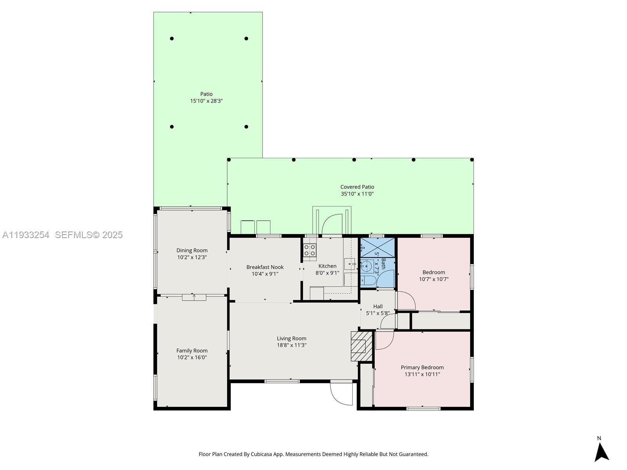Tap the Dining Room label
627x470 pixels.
click(x=192, y=250)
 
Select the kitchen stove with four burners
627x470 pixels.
click(x=310, y=250)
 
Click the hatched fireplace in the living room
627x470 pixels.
click(x=361, y=346)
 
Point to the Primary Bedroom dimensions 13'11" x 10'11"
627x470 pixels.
click(x=422, y=374)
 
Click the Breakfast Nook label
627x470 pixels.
click(x=265, y=267)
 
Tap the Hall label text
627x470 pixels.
click(x=378, y=306)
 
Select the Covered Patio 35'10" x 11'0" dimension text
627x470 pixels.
click(x=357, y=194)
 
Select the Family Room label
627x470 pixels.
click(x=192, y=351)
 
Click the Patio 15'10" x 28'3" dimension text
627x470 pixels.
click(x=207, y=101)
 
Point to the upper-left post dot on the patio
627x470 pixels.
click(x=172, y=38)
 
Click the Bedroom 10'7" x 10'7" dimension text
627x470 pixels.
click(x=434, y=279)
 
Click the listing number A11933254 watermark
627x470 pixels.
click(x=26, y=235)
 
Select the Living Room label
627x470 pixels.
click(x=292, y=338)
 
